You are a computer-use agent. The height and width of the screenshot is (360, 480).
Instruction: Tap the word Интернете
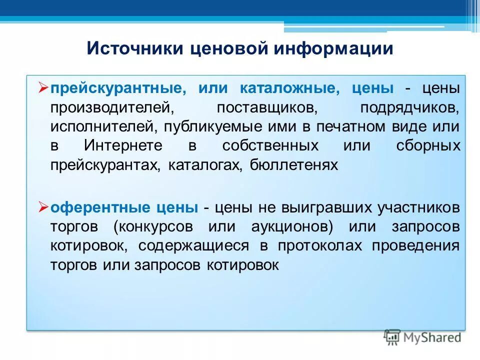[x=123, y=145]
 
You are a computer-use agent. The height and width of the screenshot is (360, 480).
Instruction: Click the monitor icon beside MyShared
[x=392, y=337]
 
